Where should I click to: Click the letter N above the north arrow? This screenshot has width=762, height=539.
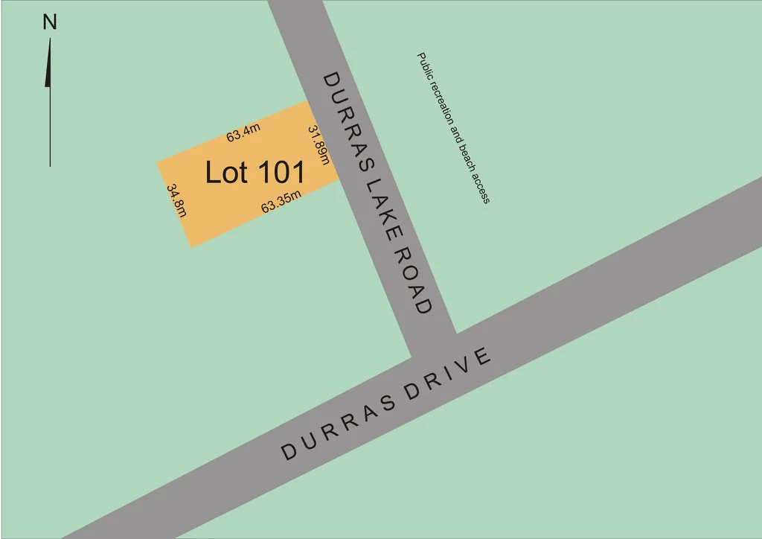pos(50,22)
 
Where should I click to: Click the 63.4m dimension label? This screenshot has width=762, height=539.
pos(243,135)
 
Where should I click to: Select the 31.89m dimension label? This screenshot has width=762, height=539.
pos(318,145)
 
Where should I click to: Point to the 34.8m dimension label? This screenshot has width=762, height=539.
pos(177,200)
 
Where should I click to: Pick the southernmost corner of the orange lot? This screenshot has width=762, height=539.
pos(192,247)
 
